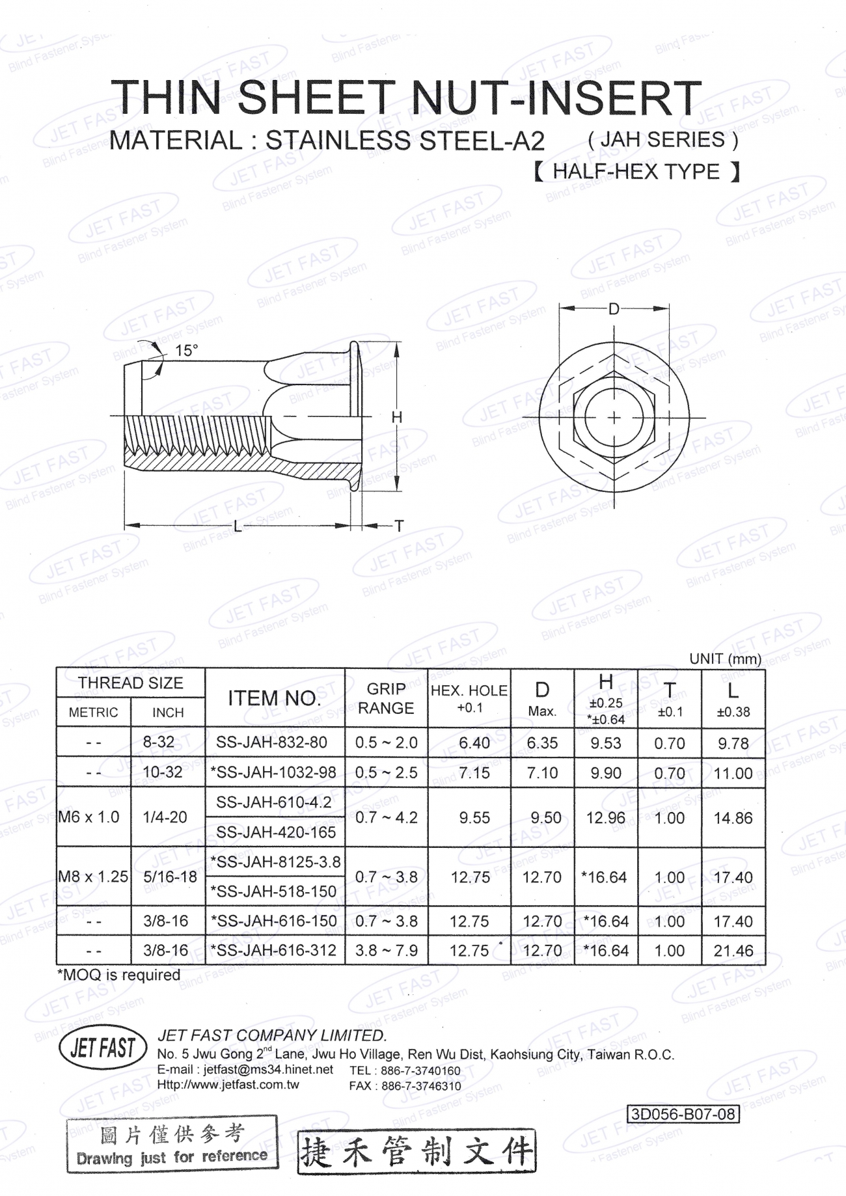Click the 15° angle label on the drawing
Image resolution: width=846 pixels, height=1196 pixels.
(186, 351)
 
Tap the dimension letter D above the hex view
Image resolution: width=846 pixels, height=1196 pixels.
(614, 310)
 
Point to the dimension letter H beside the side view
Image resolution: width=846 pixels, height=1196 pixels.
(397, 417)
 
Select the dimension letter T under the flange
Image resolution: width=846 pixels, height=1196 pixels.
(400, 526)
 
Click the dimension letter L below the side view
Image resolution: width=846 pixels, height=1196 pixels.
(238, 526)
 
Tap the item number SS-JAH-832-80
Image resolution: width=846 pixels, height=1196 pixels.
(271, 742)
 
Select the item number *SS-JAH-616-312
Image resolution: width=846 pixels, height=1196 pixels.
(273, 951)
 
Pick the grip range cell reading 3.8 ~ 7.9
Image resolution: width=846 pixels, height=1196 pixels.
(386, 951)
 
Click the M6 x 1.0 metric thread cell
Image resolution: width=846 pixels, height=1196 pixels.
(89, 817)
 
